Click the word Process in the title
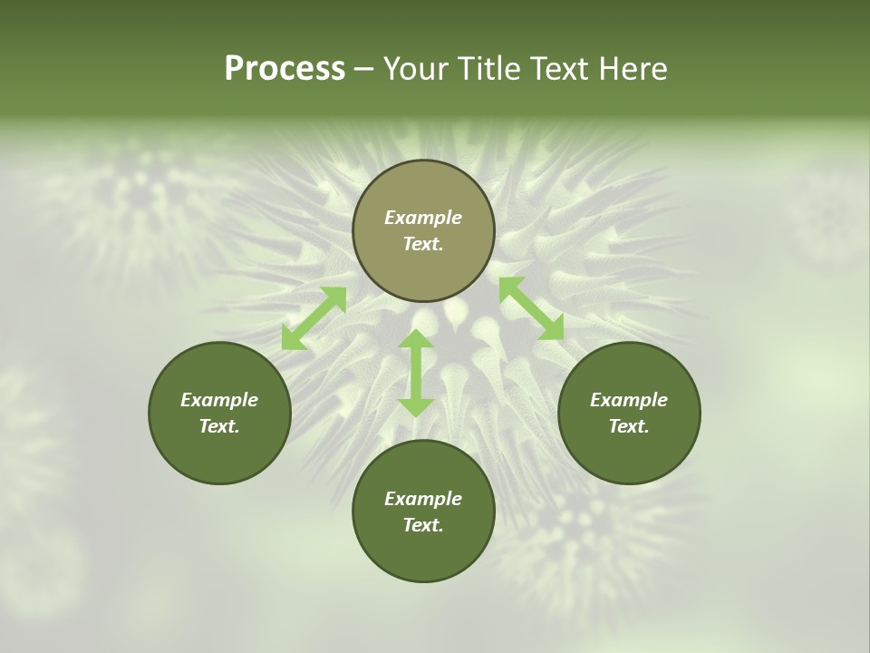[x=285, y=69]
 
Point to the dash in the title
[x=364, y=70]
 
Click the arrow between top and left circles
[x=314, y=318]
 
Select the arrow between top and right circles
[x=531, y=308]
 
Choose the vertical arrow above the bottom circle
[x=416, y=373]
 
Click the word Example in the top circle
[x=423, y=218]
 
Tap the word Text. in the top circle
[x=423, y=244]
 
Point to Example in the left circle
[x=219, y=400]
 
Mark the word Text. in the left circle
[x=219, y=426]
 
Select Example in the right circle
[x=629, y=400]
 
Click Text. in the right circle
[x=629, y=426]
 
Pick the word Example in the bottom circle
[x=423, y=499]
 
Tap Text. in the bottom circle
[x=423, y=525]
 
